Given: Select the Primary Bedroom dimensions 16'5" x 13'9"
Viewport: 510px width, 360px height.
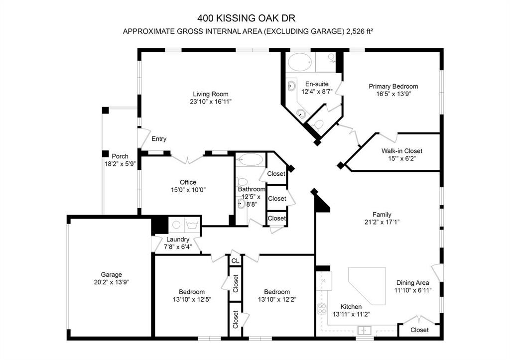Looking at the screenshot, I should [393, 94].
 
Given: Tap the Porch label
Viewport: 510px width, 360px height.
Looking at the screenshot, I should [120, 156].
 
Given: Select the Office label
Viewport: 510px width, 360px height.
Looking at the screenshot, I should [188, 182].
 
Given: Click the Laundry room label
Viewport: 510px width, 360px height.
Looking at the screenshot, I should [177, 240].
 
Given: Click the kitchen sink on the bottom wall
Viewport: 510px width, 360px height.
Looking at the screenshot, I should [365, 330].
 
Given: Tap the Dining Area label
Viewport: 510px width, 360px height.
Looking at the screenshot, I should [412, 282].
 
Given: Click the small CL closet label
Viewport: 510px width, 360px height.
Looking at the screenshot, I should [235, 260].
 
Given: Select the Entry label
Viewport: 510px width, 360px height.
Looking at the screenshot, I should [159, 139].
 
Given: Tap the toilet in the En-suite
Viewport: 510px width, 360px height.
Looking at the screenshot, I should [319, 123].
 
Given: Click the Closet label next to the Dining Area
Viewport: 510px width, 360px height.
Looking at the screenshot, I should [419, 330].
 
